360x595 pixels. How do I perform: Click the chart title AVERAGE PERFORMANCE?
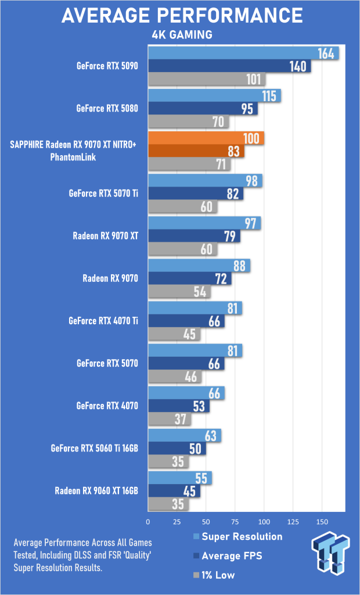[x=182, y=15]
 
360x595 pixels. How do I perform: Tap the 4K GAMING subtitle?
[x=182, y=35]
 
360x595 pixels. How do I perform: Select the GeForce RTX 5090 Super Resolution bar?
[x=243, y=53]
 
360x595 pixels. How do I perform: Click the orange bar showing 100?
[x=206, y=138]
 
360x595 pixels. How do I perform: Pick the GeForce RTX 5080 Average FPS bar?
[x=203, y=109]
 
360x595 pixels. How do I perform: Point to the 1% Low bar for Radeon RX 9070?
[x=179, y=292]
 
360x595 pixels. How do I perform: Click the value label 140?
[x=297, y=66]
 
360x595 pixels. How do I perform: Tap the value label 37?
[x=181, y=420]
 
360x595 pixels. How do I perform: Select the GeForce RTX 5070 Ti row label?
[x=103, y=193]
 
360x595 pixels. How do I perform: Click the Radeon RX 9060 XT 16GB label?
[x=96, y=491]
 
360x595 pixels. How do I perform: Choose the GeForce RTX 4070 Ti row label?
[x=103, y=321]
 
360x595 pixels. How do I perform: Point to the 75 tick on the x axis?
[x=235, y=522]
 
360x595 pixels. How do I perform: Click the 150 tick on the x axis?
[x=322, y=522]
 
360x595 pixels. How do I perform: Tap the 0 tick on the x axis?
[x=148, y=522]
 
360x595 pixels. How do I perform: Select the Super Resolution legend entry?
[x=237, y=536]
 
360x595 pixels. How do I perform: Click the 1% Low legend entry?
[x=214, y=575]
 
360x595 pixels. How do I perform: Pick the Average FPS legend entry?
[x=227, y=556]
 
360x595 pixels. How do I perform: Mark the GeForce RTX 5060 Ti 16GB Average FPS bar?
[x=177, y=449]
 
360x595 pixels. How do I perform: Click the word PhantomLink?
[x=73, y=157]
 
